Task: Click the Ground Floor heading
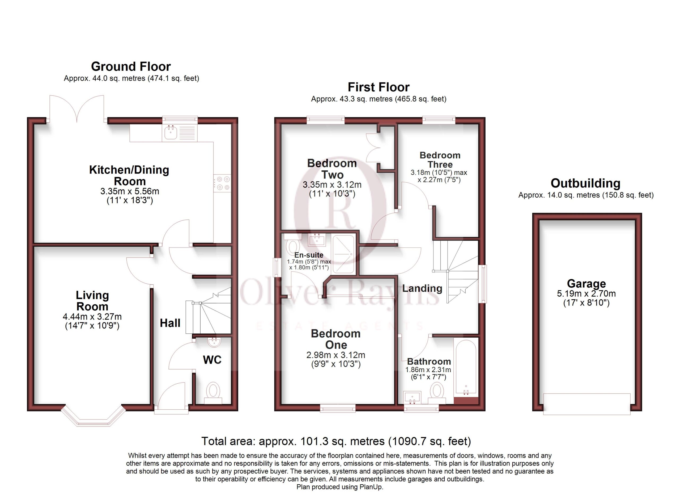coord(131,66)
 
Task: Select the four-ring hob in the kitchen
coord(222,183)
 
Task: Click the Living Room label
coord(92,301)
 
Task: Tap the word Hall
coord(170,323)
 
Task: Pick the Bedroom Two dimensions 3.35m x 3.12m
coord(332,185)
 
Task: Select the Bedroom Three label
coord(440,160)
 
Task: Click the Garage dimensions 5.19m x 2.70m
coord(586,294)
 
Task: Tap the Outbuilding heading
coord(585,183)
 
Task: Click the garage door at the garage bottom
coord(587,404)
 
